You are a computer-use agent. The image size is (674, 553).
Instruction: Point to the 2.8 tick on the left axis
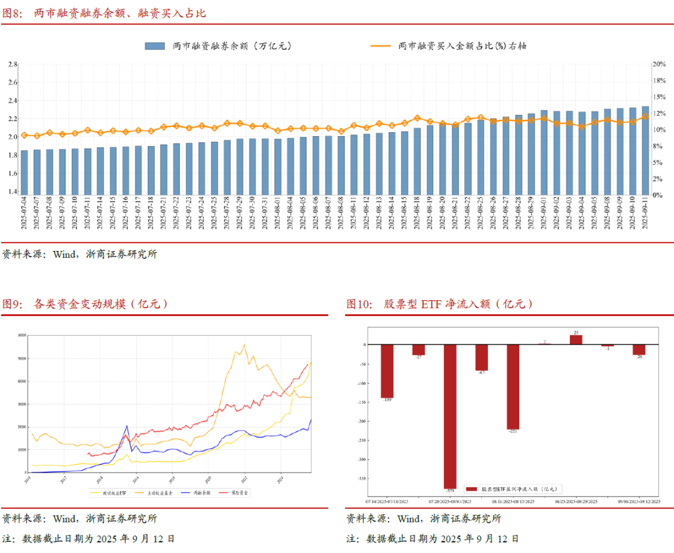click(x=12, y=64)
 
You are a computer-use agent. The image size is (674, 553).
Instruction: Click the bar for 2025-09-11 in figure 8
click(x=645, y=150)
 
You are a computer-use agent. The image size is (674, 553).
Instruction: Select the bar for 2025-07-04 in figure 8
click(x=24, y=172)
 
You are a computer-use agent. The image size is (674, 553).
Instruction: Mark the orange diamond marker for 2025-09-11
click(x=645, y=116)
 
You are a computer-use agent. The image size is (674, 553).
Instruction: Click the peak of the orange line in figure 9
click(x=244, y=345)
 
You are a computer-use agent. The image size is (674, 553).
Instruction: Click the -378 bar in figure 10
click(x=450, y=416)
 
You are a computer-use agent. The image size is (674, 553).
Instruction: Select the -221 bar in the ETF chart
click(x=513, y=387)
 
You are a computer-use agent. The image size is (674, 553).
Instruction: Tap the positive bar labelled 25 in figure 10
click(x=576, y=340)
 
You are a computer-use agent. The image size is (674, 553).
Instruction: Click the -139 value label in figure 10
click(x=387, y=399)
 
